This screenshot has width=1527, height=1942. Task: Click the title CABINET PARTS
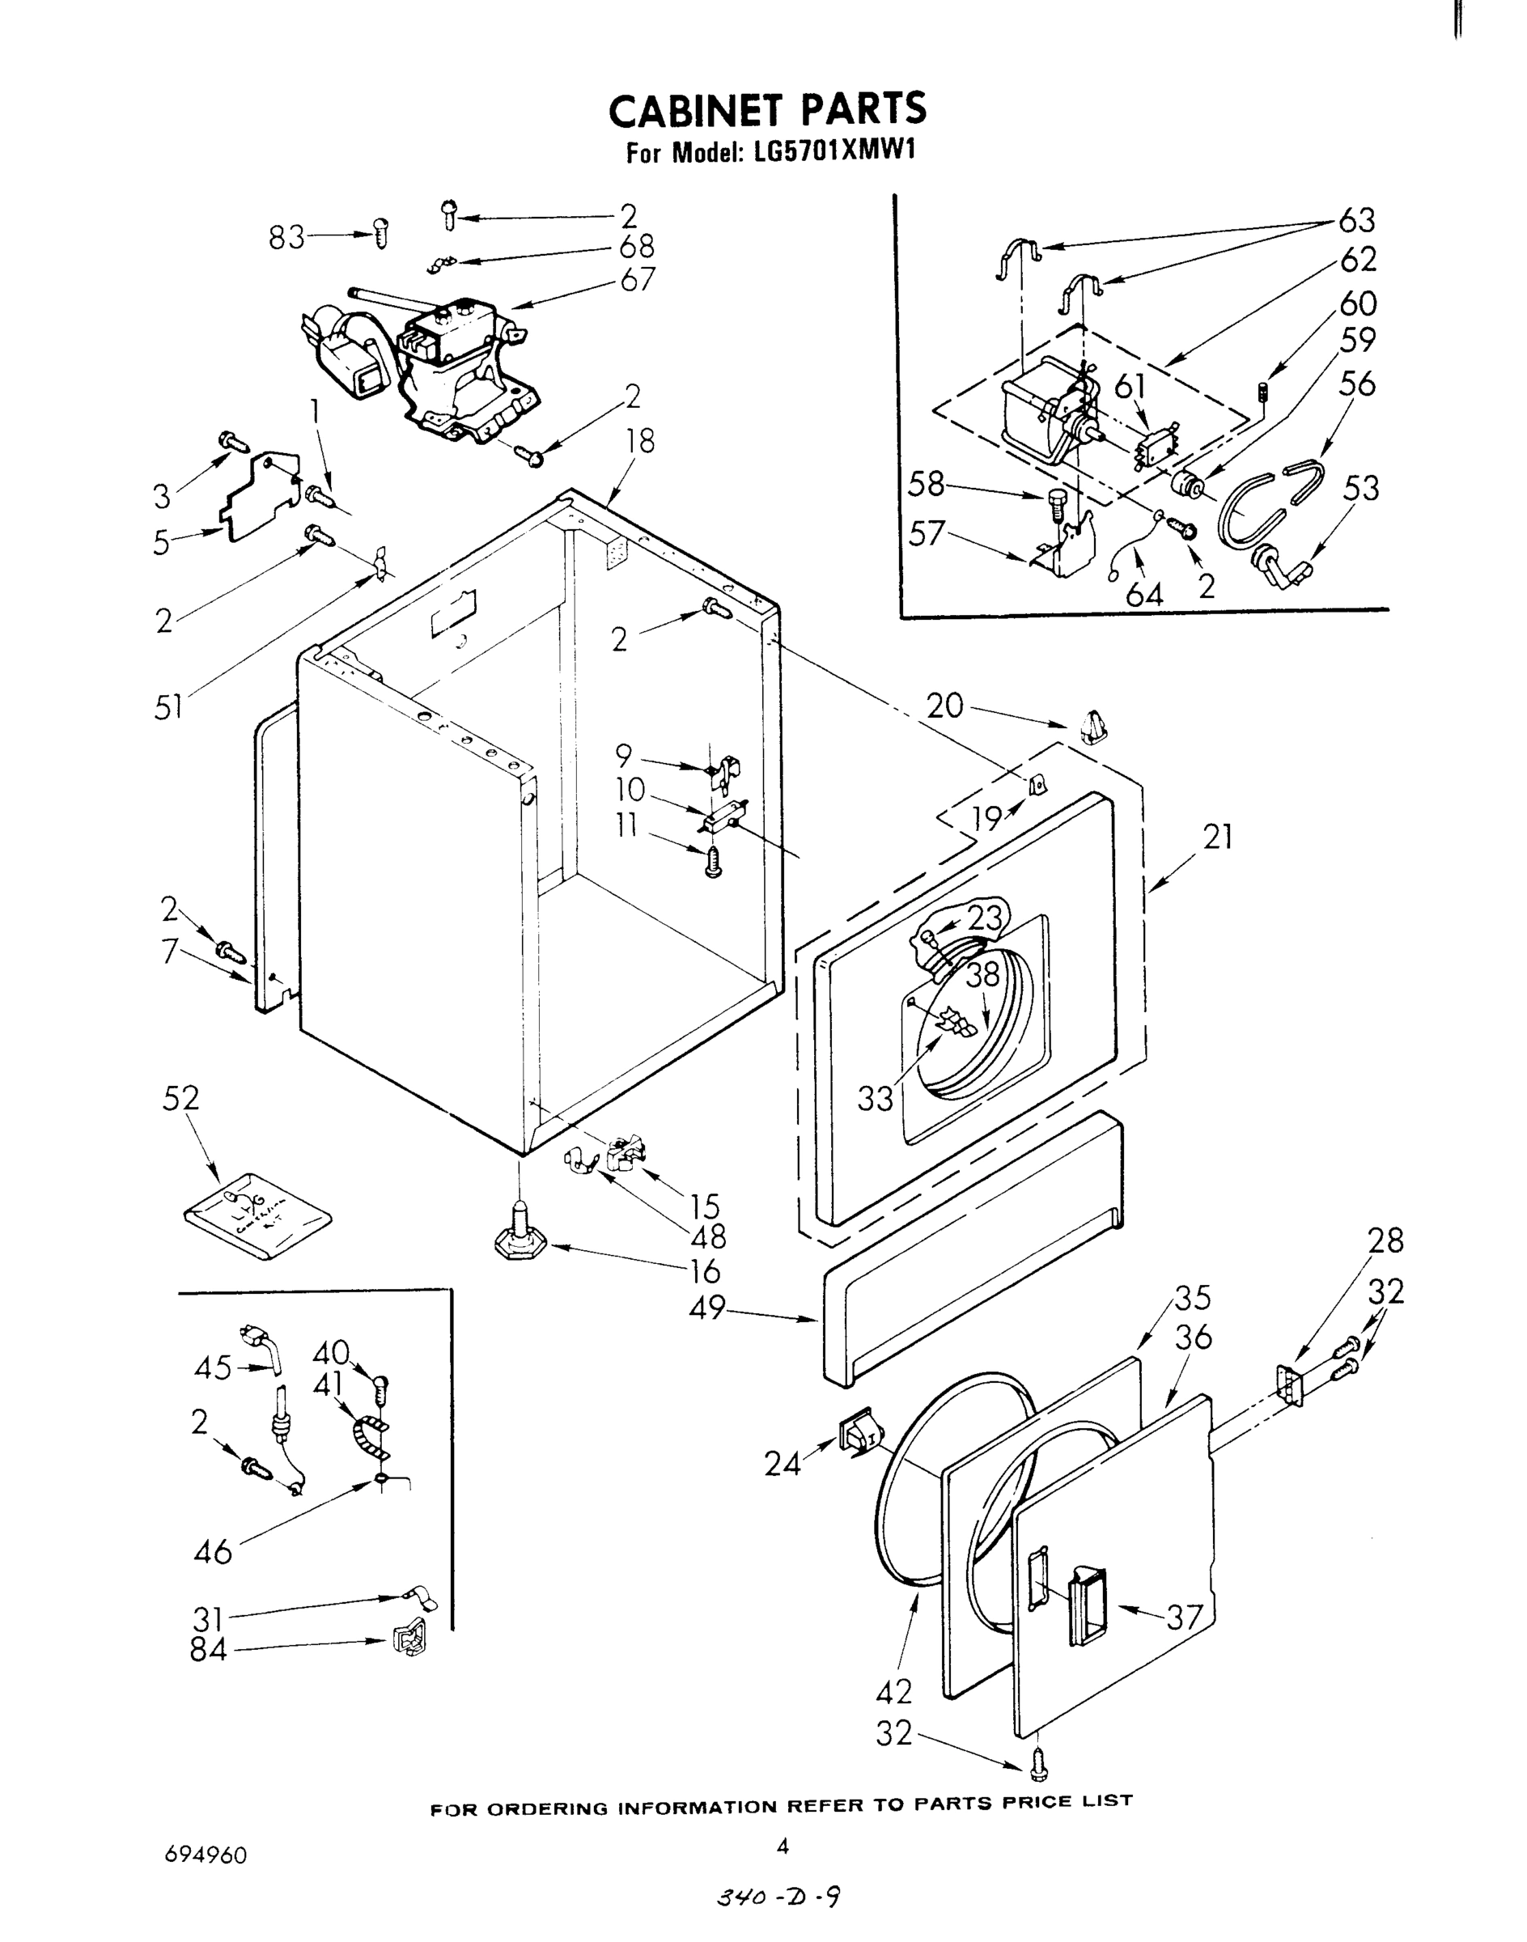click(766, 110)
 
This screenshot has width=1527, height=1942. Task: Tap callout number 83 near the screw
click(287, 238)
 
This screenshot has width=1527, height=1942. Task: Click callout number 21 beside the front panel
click(1217, 837)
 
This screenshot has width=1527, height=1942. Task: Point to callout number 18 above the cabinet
click(640, 442)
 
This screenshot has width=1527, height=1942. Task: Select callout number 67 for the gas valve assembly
click(638, 279)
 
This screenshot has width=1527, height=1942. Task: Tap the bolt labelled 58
click(1054, 506)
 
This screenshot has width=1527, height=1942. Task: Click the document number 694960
click(206, 1855)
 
